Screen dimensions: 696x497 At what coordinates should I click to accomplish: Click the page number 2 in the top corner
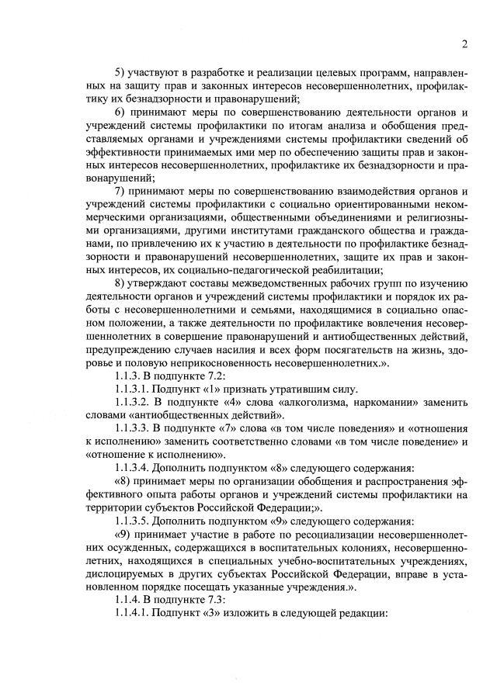pyautogui.click(x=464, y=43)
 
